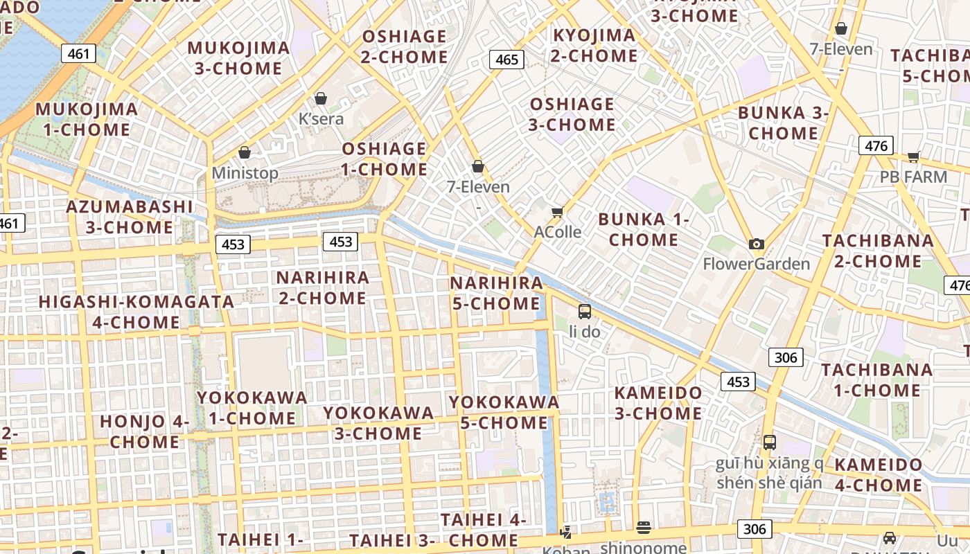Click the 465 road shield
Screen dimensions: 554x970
(506, 60)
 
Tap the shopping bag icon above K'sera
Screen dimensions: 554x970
(320, 98)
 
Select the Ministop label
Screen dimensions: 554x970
(245, 173)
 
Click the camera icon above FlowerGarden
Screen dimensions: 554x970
(756, 244)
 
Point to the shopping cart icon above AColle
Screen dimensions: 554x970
(557, 212)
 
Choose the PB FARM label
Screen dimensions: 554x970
(913, 177)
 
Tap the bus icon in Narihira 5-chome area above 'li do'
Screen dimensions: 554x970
(585, 311)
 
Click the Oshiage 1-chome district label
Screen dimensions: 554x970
(385, 159)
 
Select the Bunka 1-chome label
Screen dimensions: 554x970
(644, 230)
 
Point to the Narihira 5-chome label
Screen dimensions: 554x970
(496, 293)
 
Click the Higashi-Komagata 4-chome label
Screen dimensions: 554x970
(136, 312)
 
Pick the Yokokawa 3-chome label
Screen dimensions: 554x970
(378, 423)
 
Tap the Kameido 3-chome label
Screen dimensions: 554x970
(658, 403)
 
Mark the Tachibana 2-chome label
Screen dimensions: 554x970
(877, 251)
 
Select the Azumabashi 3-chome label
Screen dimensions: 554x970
(130, 217)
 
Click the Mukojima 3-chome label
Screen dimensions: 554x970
(238, 58)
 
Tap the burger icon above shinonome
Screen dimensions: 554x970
(644, 528)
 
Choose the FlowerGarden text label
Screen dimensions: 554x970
(756, 264)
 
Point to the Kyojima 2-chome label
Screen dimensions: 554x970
(594, 46)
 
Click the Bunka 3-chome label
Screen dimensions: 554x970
(784, 123)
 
